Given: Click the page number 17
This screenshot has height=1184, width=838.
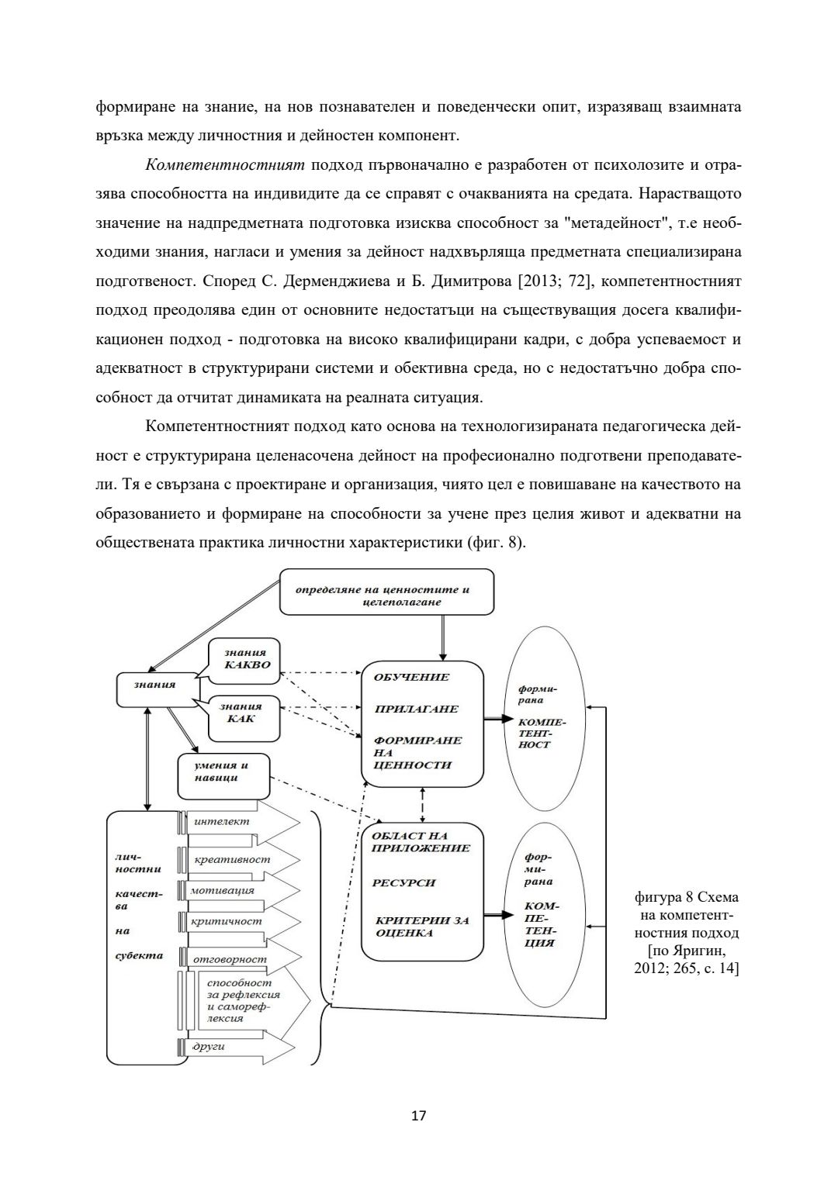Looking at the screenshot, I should (419, 1116).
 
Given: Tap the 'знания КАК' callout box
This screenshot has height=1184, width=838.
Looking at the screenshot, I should (243, 713).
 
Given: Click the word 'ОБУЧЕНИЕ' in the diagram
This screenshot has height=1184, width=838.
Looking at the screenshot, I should (411, 677).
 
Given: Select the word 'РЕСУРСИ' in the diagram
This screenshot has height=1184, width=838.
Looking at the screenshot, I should (403, 883).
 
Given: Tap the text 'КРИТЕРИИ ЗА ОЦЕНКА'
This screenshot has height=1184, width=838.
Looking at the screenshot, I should (422, 927).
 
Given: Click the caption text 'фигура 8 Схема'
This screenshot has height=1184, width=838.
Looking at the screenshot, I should (687, 897).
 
